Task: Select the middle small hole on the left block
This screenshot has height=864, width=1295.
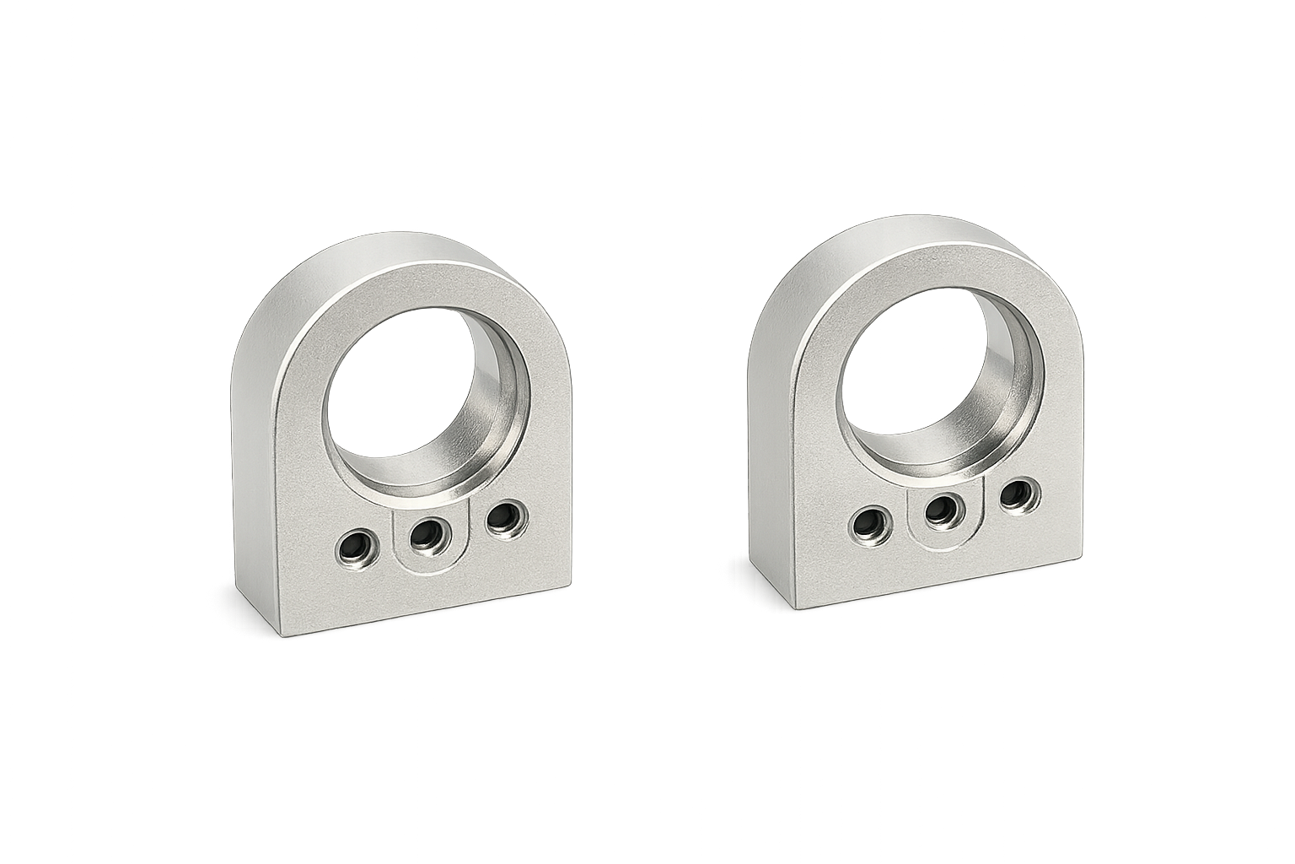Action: (426, 532)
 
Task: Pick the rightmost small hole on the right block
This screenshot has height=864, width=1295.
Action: (1017, 494)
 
